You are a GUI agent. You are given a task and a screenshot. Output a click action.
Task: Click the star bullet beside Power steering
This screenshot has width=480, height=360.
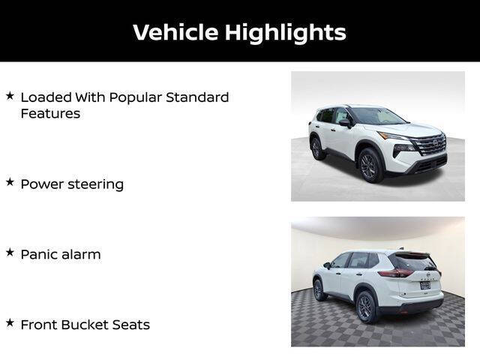tap(10, 182)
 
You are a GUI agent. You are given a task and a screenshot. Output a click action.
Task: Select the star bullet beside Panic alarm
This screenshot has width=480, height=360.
tap(10, 253)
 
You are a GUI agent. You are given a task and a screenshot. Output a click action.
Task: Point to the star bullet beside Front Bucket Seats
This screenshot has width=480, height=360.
tap(10, 323)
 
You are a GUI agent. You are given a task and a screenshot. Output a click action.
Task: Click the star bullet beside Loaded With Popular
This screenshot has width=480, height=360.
tap(10, 95)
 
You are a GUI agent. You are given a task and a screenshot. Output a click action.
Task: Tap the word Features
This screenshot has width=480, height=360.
tap(50, 113)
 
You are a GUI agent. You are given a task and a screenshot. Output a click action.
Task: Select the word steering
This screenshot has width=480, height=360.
tap(95, 184)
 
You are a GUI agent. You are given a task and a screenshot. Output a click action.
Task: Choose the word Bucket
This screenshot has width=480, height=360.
tap(87, 325)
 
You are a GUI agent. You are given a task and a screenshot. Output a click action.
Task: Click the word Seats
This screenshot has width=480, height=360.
tap(132, 325)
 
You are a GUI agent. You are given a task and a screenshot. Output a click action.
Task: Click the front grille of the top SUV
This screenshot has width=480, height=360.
tap(430, 145)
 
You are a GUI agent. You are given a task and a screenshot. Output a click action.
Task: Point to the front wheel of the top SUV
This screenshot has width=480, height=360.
tap(370, 165)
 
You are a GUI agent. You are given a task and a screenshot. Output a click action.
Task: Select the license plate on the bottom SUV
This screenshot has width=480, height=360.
tap(425, 285)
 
